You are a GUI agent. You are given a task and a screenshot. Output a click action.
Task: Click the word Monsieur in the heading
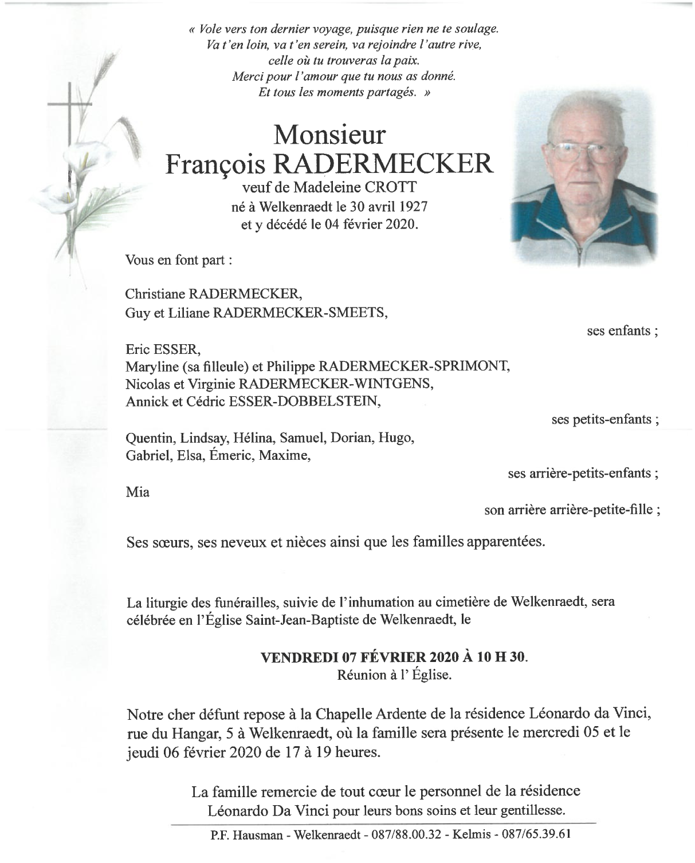click(329, 135)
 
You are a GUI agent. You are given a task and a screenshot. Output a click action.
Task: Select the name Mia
click(138, 492)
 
